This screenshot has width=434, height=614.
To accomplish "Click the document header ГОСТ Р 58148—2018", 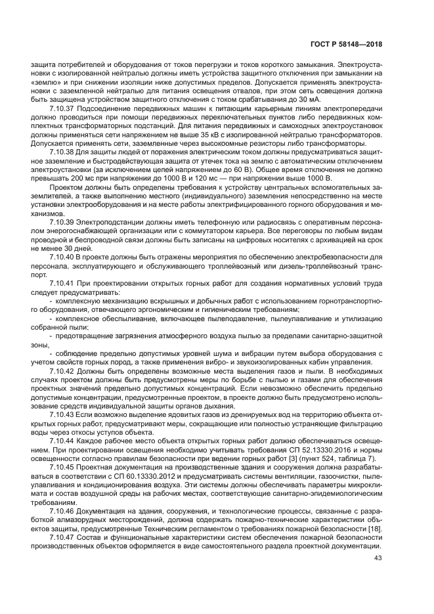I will pos(347,45).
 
